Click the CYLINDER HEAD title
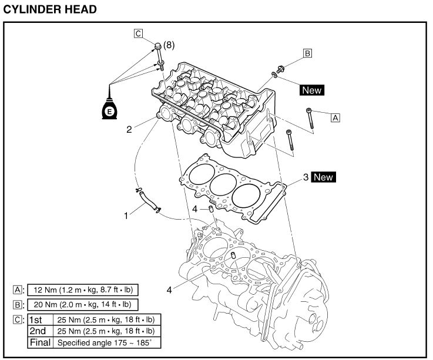[50, 9]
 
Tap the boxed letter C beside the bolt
[138, 33]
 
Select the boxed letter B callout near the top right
[307, 53]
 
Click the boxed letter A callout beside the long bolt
[335, 118]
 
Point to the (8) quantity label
[169, 45]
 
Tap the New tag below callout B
[312, 90]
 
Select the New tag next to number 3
[323, 177]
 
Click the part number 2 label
[129, 129]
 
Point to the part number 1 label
[126, 216]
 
